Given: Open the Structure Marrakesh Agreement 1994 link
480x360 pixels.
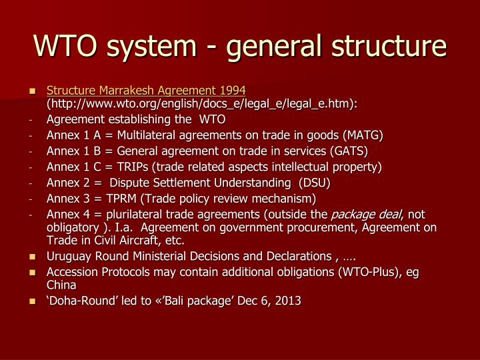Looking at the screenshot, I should tap(146, 90).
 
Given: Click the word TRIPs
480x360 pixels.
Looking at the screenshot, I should tap(136, 166).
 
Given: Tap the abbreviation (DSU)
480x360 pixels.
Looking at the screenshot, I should tap(315, 182).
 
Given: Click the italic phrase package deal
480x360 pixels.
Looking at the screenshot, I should tap(367, 214).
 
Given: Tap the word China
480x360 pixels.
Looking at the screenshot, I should tap(61, 285).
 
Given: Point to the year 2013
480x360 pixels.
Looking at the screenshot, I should tap(287, 301).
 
